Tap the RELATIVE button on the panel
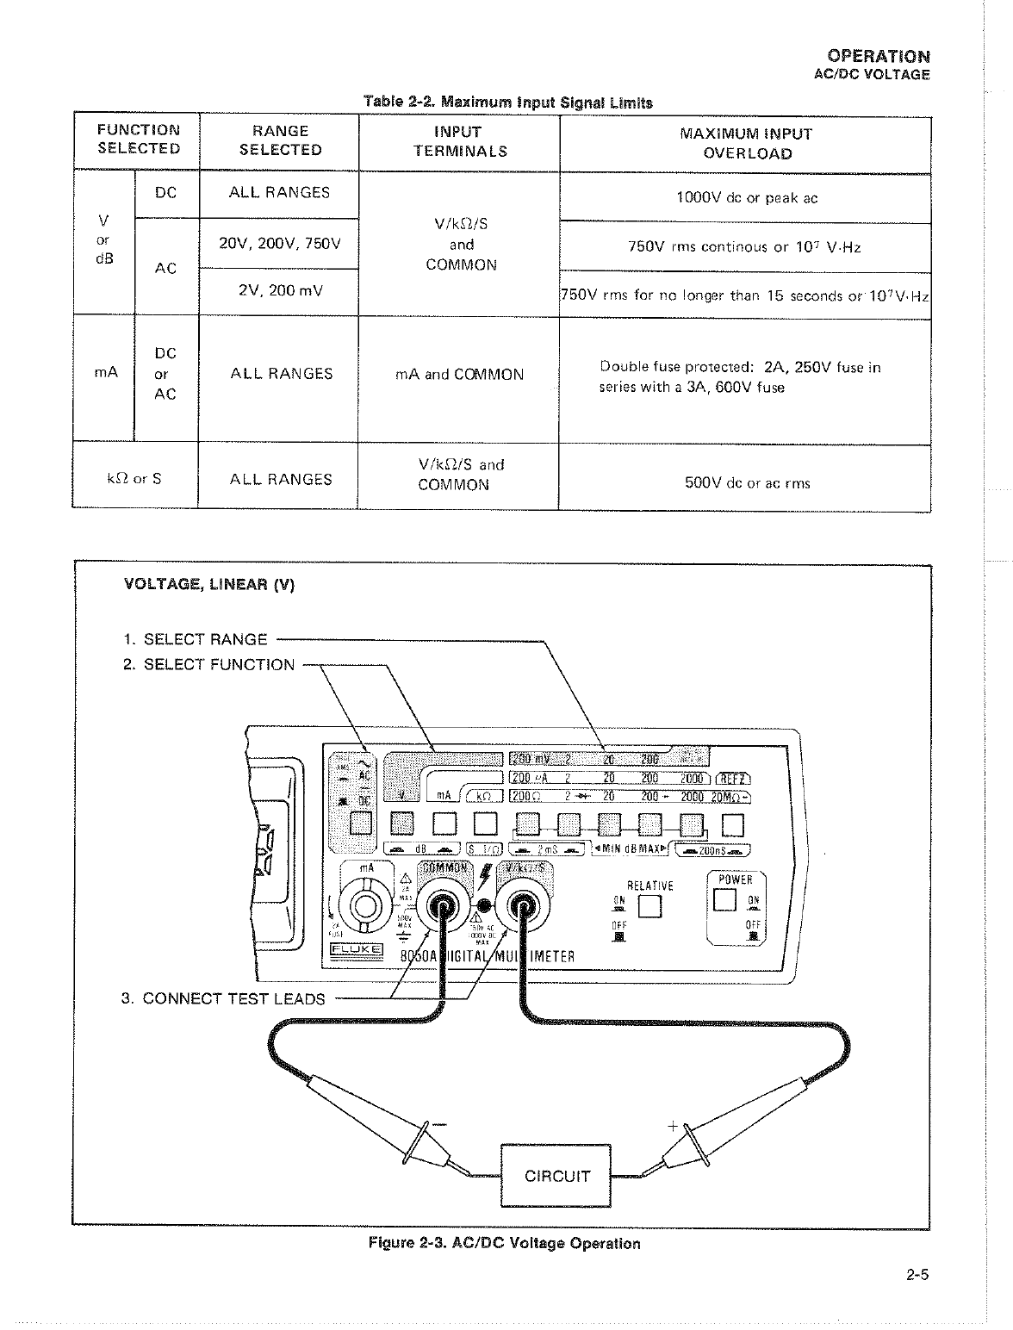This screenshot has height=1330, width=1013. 649,907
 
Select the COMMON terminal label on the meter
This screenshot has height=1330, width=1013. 445,867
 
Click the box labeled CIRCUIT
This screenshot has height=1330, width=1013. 556,1176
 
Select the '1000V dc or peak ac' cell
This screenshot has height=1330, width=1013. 746,198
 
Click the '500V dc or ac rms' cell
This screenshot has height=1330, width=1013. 746,483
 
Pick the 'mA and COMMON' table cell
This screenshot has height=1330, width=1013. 460,375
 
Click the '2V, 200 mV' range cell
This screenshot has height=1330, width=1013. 280,291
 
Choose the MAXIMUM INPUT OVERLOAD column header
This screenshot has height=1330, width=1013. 746,144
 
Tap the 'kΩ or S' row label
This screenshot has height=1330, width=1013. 134,478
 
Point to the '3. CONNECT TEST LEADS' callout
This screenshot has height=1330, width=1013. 223,998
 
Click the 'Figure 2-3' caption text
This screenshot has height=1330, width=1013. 504,1243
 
